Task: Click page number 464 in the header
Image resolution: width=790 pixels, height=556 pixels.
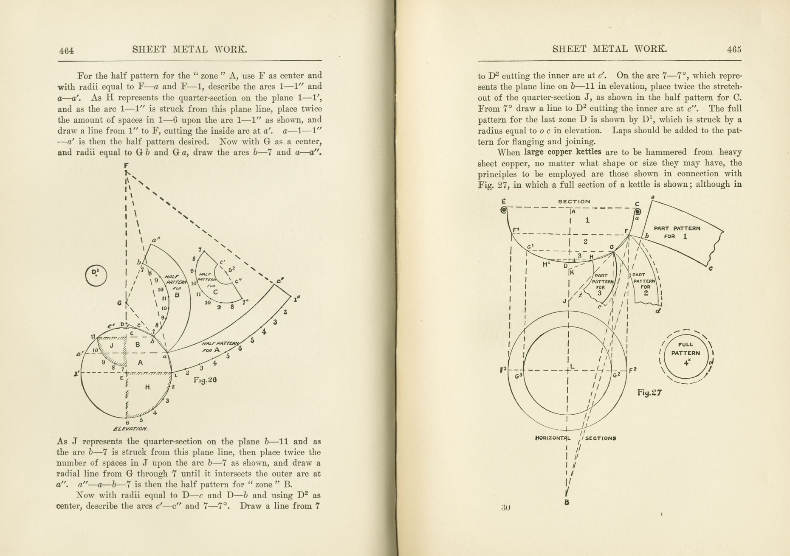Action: (67, 51)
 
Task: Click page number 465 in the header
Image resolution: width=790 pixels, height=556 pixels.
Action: (734, 49)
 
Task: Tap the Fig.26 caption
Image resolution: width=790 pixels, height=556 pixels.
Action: (205, 380)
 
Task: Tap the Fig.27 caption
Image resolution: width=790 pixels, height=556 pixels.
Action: (649, 393)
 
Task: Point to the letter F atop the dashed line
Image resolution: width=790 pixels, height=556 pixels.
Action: (127, 165)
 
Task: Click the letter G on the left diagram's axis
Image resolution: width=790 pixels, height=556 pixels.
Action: (120, 303)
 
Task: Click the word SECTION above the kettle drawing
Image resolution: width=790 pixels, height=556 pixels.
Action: (574, 202)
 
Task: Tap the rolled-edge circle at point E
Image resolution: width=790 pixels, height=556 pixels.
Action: (504, 210)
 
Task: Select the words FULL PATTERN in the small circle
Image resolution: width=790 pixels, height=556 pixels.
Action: (686, 349)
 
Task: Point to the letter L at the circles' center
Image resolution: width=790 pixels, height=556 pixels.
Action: (572, 366)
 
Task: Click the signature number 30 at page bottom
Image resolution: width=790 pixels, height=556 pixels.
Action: (505, 507)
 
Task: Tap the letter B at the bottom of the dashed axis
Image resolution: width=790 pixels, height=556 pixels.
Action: (567, 503)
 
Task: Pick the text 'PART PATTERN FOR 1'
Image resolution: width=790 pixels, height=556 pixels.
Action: (677, 232)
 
